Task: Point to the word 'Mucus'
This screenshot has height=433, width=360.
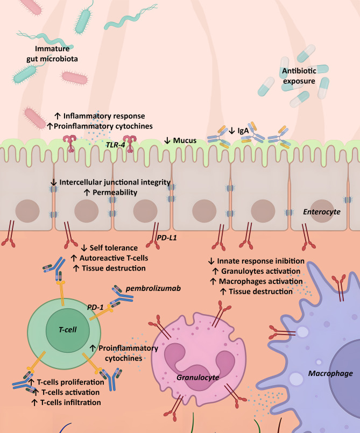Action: tap(183, 140)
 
